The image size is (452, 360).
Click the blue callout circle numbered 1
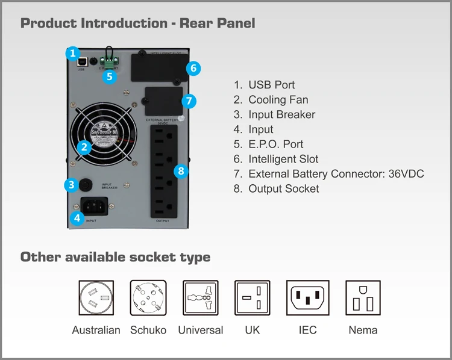click(x=72, y=53)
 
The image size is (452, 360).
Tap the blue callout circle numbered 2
click(x=84, y=146)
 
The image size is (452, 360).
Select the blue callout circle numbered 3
click(x=72, y=185)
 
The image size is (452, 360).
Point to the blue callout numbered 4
click(x=77, y=218)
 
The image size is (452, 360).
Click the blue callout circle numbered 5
click(x=109, y=76)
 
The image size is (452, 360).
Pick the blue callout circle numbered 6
click(x=193, y=68)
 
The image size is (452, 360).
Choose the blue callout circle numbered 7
click(x=189, y=100)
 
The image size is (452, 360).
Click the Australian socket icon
click(x=96, y=298)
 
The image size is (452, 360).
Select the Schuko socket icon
click(x=148, y=298)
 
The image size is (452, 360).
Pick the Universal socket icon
click(x=201, y=298)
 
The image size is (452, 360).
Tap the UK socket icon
click(x=253, y=298)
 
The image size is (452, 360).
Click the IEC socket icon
click(x=307, y=298)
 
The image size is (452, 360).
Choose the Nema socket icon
click(x=363, y=298)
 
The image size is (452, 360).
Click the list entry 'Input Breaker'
click(x=281, y=114)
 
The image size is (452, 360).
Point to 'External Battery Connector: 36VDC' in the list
click(x=336, y=174)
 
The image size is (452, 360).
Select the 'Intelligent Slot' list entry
click(x=283, y=159)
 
